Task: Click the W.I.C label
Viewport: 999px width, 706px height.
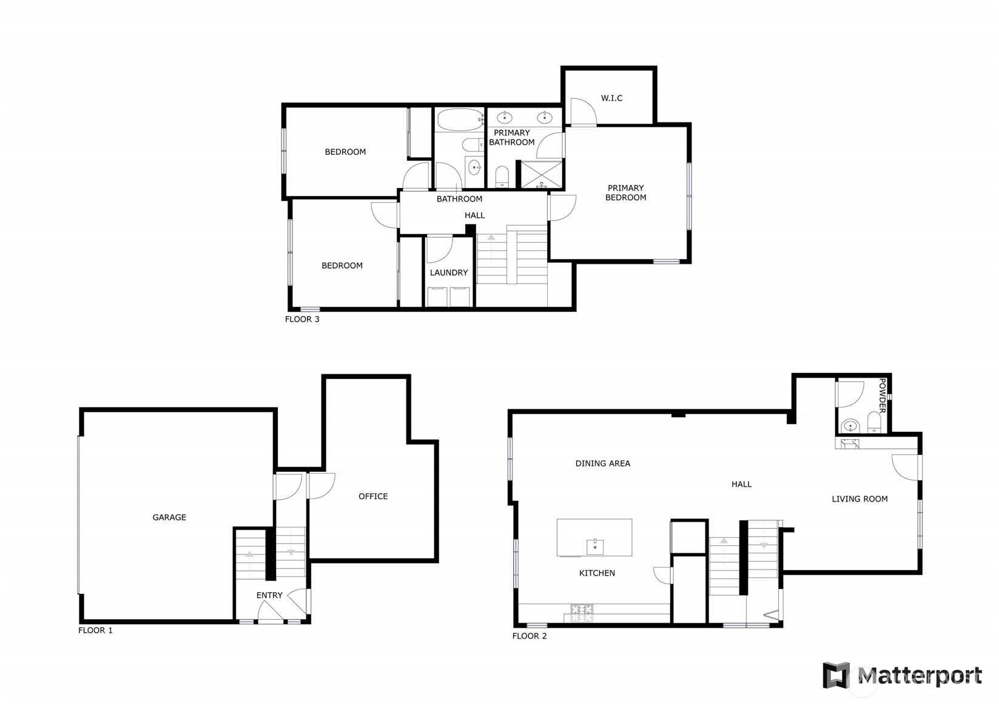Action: click(611, 98)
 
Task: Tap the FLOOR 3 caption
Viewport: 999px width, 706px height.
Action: click(302, 320)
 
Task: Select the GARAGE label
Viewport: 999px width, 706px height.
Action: click(169, 517)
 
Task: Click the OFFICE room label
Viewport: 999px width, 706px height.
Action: click(373, 496)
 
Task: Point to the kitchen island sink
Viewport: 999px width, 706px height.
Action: click(595, 546)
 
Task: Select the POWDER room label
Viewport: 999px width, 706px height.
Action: click(882, 395)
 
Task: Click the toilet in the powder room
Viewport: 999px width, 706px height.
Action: click(873, 422)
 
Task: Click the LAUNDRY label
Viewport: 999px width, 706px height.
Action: click(449, 273)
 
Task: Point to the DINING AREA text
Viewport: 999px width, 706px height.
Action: click(602, 463)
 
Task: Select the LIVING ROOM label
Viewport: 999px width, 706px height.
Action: click(859, 499)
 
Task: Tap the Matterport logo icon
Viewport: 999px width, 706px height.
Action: click(836, 676)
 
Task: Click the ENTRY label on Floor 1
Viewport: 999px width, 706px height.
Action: click(269, 596)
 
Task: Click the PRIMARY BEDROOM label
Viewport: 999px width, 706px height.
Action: click(625, 193)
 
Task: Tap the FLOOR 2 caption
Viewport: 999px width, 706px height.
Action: click(530, 636)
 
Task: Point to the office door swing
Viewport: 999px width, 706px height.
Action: click(321, 486)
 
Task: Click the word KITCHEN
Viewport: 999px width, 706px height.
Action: click(597, 573)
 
